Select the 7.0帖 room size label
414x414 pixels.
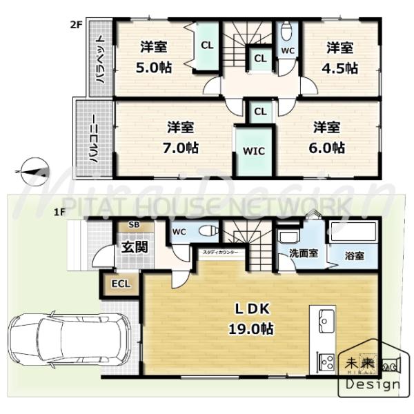pyautogui.click(x=182, y=147)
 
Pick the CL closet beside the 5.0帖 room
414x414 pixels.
pyautogui.click(x=206, y=46)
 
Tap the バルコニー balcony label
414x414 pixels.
pyautogui.click(x=92, y=138)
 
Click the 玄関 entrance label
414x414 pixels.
pyautogui.click(x=135, y=246)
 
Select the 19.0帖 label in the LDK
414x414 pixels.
pyautogui.click(x=251, y=329)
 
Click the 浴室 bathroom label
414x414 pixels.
pyautogui.click(x=355, y=255)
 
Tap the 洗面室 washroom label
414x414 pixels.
pyautogui.click(x=303, y=253)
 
